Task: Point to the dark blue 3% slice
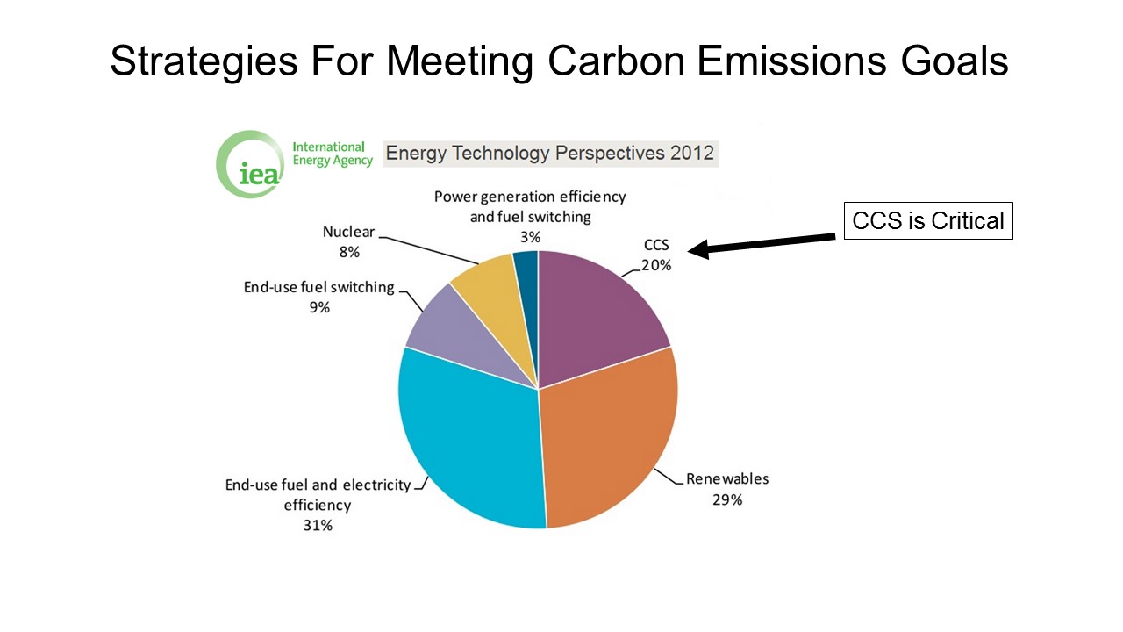pos(527,281)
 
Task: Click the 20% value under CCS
pos(656,265)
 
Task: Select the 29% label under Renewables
pos(727,500)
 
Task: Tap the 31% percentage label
pos(318,525)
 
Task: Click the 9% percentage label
pos(319,307)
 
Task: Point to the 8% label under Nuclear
pos(349,252)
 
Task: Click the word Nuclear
pos(348,232)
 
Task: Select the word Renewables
pos(727,479)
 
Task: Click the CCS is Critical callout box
pos(928,220)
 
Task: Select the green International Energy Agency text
pos(333,154)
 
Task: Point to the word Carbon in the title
pos(616,61)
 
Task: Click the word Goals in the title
pos(954,61)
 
